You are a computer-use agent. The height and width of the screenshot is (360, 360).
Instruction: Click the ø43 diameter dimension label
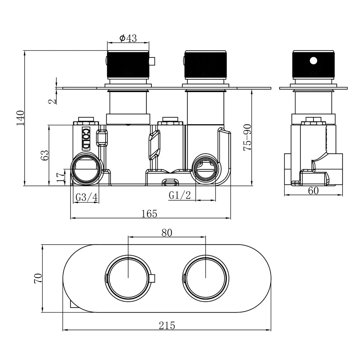tap(128, 38)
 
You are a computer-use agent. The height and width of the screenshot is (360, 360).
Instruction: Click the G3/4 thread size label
tap(86, 197)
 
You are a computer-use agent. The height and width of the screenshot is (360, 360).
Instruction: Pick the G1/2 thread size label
tap(180, 195)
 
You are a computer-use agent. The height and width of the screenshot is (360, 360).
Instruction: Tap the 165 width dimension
tap(149, 214)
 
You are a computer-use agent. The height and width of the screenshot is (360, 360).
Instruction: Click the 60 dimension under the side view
tap(313, 191)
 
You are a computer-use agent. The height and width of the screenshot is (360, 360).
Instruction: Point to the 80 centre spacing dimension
tap(167, 233)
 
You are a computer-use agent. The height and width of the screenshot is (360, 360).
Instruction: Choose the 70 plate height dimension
tap(38, 278)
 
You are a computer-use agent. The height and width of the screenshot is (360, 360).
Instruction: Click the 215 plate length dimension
tap(167, 325)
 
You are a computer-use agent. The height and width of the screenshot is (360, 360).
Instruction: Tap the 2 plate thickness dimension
tap(53, 101)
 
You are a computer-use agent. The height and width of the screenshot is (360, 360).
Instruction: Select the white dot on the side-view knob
tap(313, 61)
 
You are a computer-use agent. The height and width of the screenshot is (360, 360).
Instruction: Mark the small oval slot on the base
tap(170, 182)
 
